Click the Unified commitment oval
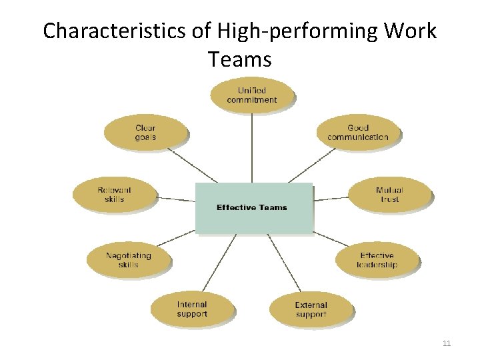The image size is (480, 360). pyautogui.click(x=251, y=95)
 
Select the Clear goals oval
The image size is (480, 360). pyautogui.click(x=145, y=132)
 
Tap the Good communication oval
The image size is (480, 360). pyautogui.click(x=358, y=132)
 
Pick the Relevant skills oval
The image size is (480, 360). pyautogui.click(x=114, y=194)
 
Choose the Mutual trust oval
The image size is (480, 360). pyautogui.click(x=389, y=194)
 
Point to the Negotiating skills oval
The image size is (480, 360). pyautogui.click(x=128, y=259)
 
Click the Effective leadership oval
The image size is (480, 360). pyautogui.click(x=377, y=259)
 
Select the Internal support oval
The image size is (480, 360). pyautogui.click(x=192, y=309)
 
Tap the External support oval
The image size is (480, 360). pyautogui.click(x=311, y=309)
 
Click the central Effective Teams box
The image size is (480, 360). pyautogui.click(x=253, y=207)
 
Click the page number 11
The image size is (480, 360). pyautogui.click(x=447, y=343)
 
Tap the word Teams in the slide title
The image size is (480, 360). pyautogui.click(x=239, y=60)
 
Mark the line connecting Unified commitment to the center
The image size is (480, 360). pyautogui.click(x=252, y=147)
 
